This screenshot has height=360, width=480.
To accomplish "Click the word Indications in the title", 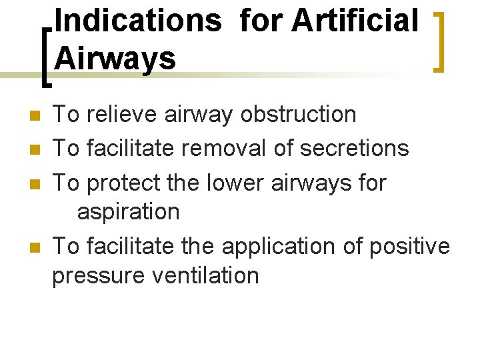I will tap(138, 20).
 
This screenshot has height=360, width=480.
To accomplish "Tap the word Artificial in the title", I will tap(355, 20).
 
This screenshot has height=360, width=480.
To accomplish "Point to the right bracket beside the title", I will tap(439, 41).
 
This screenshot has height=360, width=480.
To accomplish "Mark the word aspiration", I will tap(129, 212).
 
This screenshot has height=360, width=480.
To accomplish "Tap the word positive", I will tap(409, 246).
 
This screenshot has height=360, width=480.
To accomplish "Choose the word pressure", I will tap(97, 275).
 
